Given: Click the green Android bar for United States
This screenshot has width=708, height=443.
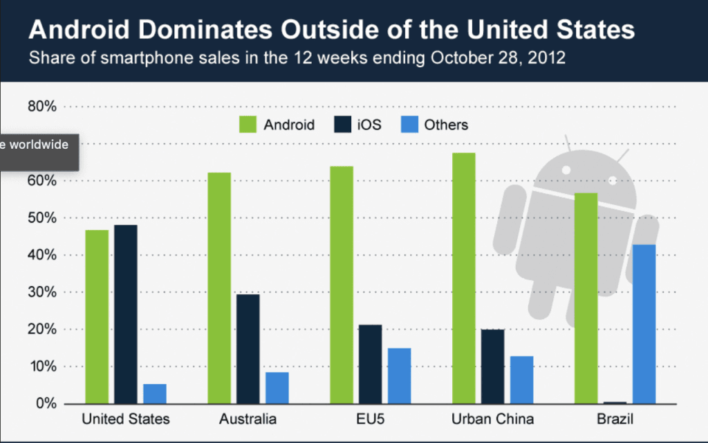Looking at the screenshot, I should tap(97, 316).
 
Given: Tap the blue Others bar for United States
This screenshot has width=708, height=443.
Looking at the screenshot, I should tap(155, 393).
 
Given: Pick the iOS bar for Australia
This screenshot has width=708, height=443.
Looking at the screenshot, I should tap(248, 349).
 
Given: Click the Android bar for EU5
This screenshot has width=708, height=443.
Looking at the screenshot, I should tap(342, 284).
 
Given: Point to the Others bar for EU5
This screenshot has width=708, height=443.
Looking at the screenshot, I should tap(399, 375).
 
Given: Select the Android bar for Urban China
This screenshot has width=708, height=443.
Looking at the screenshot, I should tap(464, 278).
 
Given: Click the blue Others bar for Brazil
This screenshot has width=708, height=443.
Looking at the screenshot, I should tap(644, 323).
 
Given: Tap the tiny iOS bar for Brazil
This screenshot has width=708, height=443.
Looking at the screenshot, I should tap(615, 402).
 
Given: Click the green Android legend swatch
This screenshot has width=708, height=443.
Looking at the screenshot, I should tap(248, 125).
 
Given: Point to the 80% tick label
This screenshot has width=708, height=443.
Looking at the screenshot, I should tap(41, 107).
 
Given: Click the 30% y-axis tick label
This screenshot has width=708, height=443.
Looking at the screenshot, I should tap(41, 292).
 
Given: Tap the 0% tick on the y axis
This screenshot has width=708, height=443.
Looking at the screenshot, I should tap(45, 404).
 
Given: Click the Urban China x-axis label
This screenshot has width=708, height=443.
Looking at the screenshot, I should tap(493, 419).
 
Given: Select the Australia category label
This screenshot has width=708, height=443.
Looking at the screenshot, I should tap(248, 419).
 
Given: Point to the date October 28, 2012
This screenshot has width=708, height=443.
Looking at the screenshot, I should tap(498, 57).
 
